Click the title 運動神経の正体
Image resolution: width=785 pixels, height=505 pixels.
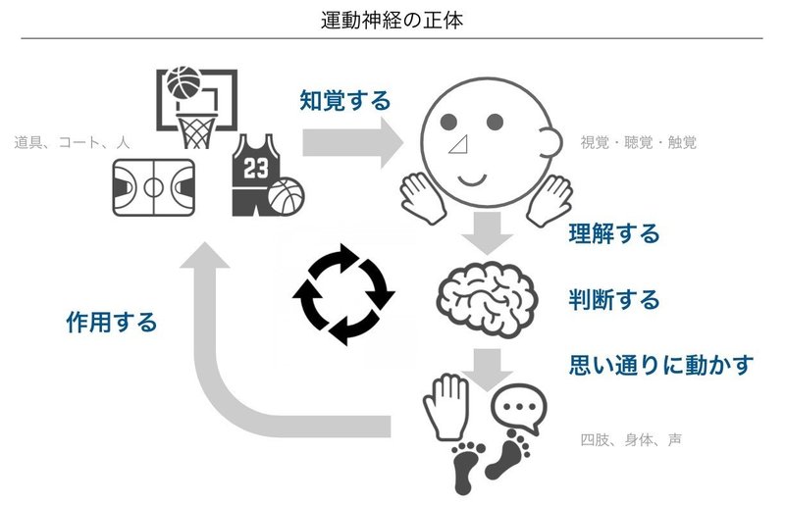[x=392, y=19]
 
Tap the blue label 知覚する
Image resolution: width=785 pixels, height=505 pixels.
[x=344, y=99]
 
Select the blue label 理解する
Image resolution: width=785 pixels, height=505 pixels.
[x=614, y=233]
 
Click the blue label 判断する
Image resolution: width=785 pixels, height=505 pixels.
[x=614, y=298]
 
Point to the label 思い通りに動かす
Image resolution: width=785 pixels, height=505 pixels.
[x=661, y=365]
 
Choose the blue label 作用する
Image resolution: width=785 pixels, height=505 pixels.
[x=112, y=323]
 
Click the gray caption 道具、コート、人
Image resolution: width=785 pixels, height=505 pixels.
[x=73, y=143]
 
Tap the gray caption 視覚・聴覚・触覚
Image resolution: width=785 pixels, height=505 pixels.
[x=639, y=143]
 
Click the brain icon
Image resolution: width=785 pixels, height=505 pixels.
[x=488, y=298]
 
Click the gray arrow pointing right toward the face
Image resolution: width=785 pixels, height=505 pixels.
[x=353, y=142]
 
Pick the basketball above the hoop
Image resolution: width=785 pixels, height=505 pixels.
[x=183, y=83]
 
